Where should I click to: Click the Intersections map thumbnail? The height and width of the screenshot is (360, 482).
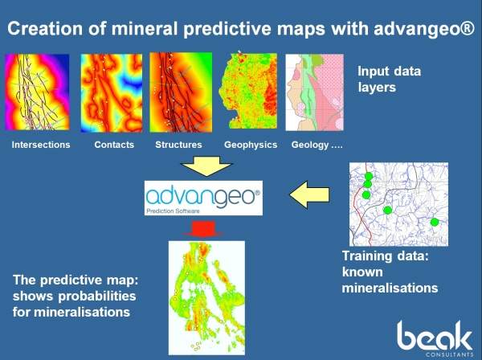coord(37,92)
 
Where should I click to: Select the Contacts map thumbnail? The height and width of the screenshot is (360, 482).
coord(112,93)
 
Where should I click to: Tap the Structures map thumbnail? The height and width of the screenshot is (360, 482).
coord(181,92)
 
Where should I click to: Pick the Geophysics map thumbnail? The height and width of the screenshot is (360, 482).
coord(247,91)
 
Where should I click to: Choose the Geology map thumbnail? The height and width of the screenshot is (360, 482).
coord(314,92)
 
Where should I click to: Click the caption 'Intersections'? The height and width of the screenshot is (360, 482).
coord(41,145)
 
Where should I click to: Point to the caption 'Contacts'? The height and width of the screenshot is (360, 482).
coord(114,145)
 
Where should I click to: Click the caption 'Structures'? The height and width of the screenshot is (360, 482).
coord(178,145)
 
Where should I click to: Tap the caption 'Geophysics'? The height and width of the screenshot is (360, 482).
coord(251,145)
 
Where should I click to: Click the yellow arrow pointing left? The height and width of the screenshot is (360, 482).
coord(309,195)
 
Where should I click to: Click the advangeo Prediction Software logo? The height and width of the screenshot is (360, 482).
coord(203,198)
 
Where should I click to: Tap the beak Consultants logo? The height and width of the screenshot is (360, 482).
coord(435,338)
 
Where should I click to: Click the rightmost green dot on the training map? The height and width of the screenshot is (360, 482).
coord(434,222)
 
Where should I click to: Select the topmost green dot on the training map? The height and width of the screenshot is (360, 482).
coord(369,176)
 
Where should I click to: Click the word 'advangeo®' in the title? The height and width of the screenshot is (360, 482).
coord(424,29)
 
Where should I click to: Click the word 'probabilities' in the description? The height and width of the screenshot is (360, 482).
coord(97,297)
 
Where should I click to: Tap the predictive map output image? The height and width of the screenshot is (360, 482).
coord(207,298)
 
